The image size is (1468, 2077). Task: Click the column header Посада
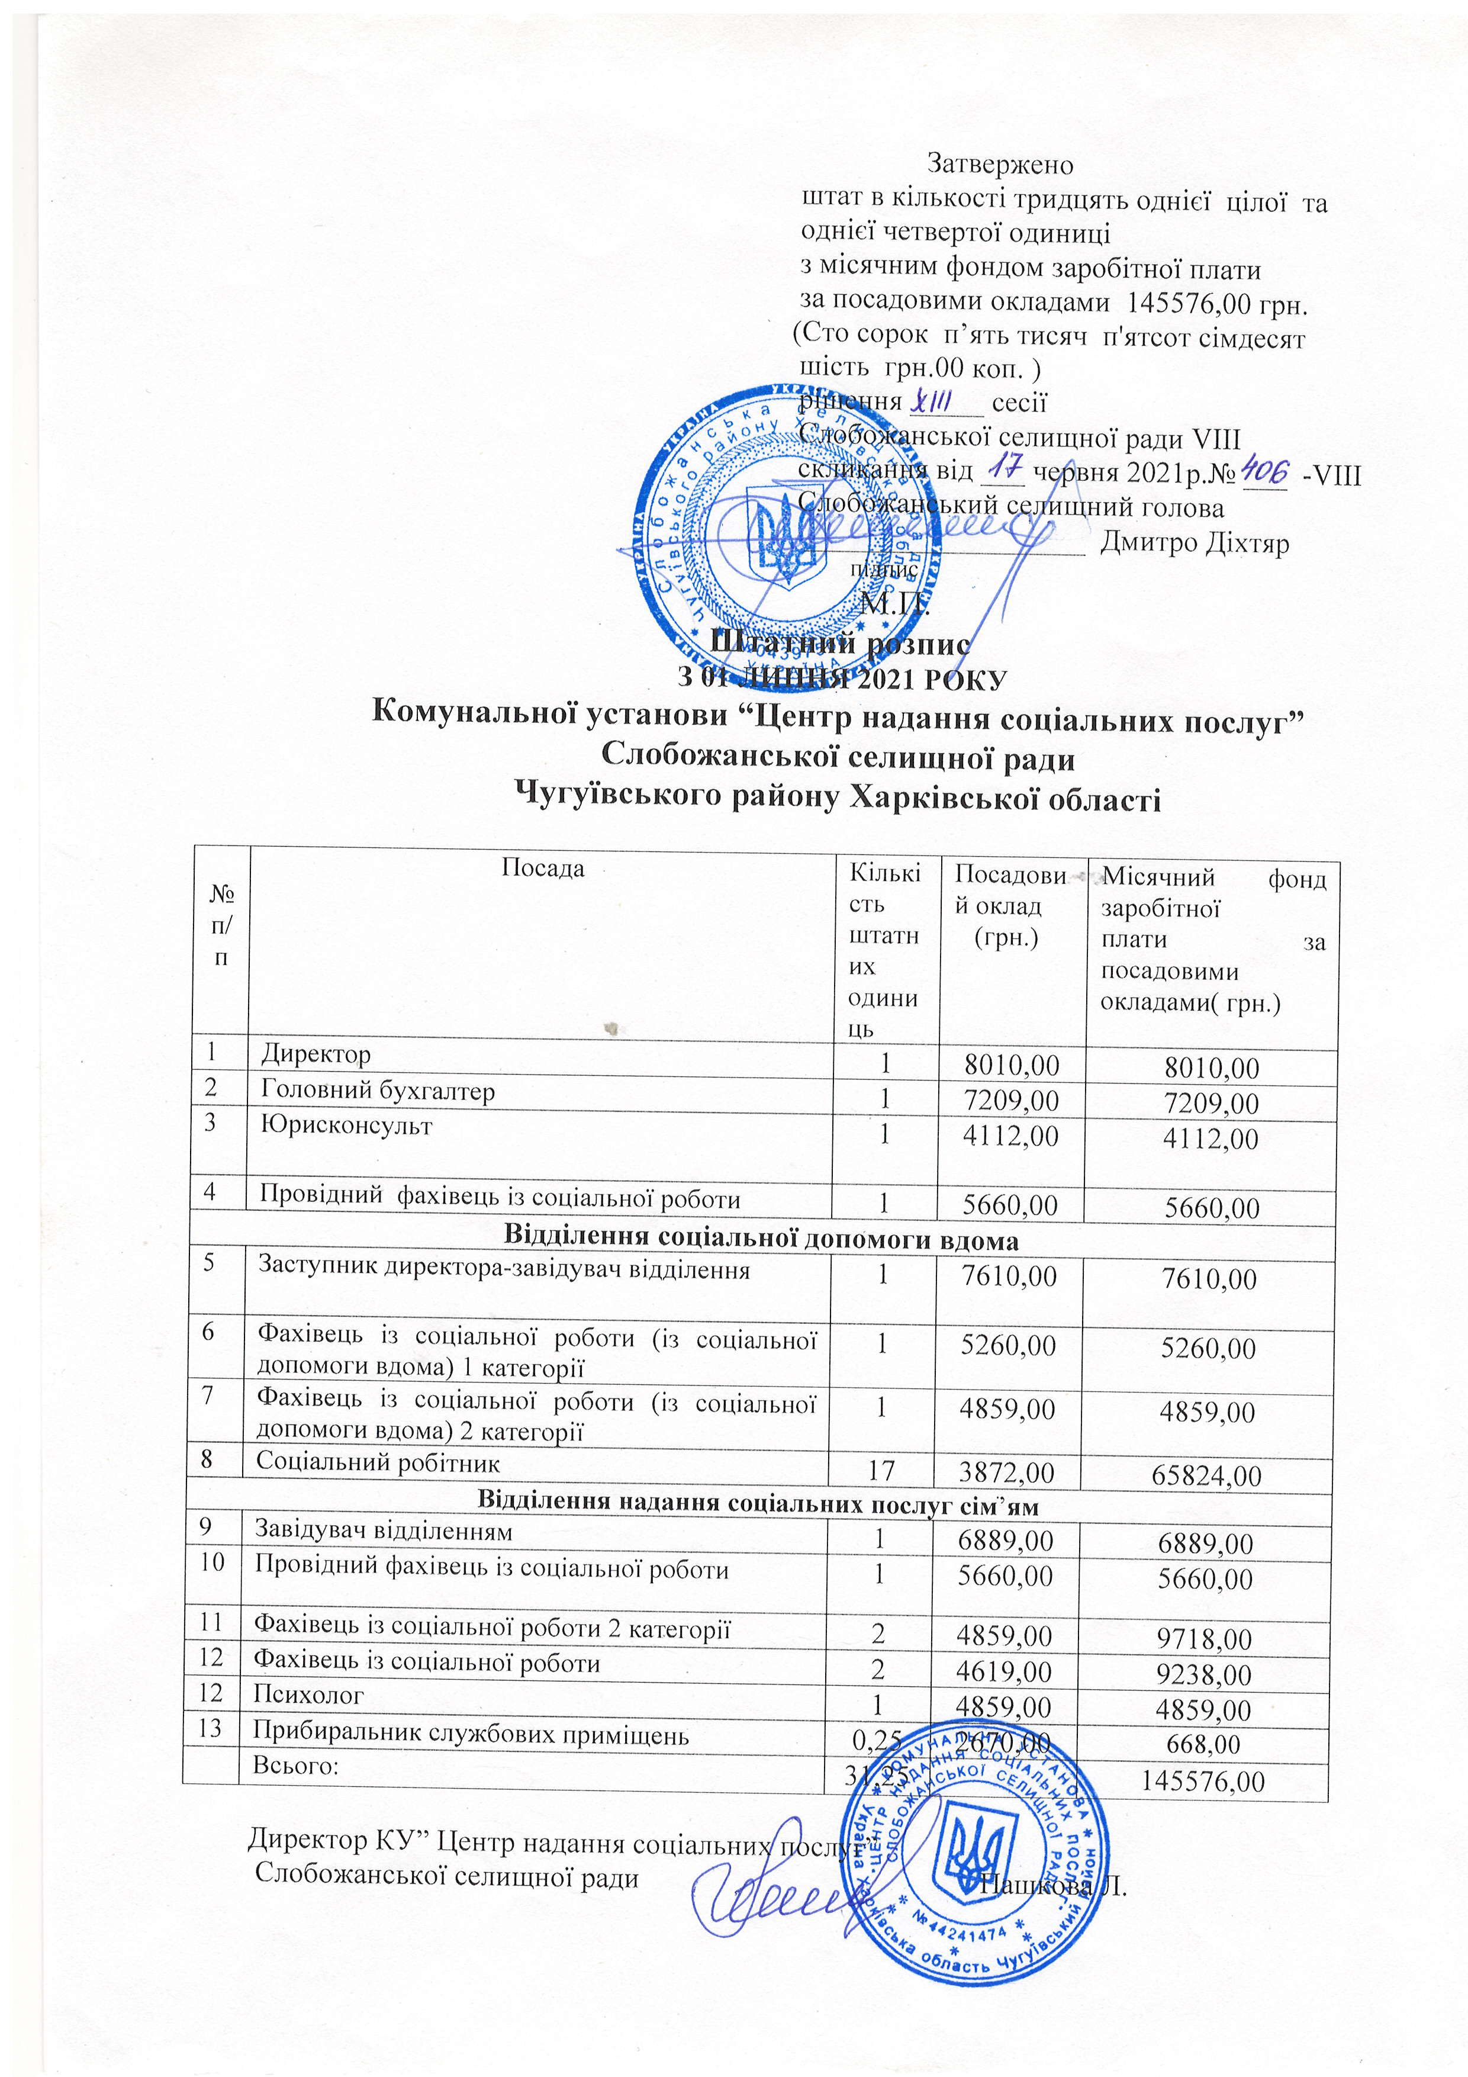pyautogui.click(x=543, y=869)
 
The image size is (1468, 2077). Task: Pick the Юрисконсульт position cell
pyautogui.click(x=346, y=1126)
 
